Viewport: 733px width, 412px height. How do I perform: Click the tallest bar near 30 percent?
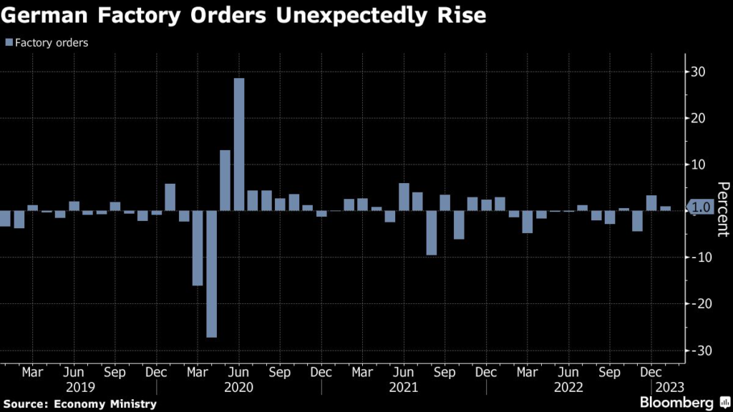(239, 144)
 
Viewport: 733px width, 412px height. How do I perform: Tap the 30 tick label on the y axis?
(698, 72)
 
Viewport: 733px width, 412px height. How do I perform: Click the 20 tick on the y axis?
(698, 119)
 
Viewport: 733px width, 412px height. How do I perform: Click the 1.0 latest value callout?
(701, 207)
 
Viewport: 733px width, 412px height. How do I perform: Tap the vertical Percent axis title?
(723, 207)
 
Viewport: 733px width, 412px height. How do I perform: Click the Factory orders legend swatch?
(8, 42)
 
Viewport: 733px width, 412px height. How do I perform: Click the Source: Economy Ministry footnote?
(79, 404)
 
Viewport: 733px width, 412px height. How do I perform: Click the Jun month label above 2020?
(239, 373)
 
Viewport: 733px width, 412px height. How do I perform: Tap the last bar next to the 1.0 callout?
(665, 208)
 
